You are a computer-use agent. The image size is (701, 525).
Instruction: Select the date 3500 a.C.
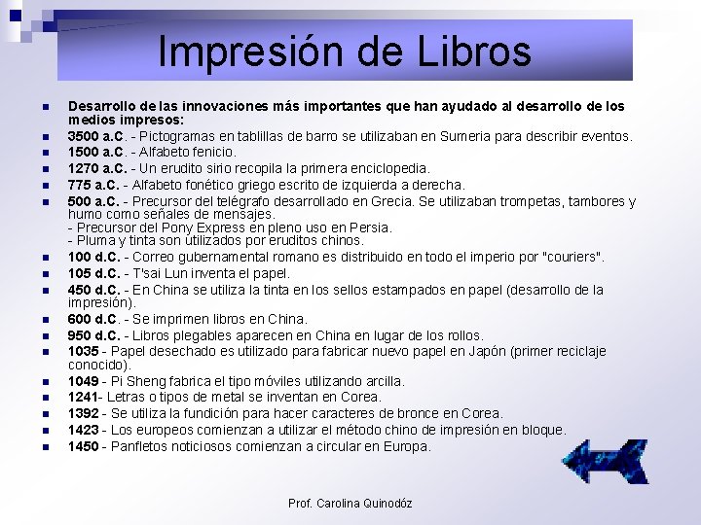pos(94,136)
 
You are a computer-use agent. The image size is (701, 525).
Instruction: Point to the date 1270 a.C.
pos(94,168)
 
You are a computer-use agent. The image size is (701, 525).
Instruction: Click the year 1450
pos(84,446)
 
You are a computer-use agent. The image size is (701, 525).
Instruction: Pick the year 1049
pos(84,381)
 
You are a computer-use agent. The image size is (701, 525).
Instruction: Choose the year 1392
pos(84,413)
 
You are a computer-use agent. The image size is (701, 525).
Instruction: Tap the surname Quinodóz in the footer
pos(387,503)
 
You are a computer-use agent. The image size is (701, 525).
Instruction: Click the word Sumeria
pos(472,136)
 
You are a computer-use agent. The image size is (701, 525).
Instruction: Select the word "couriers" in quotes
pos(572,257)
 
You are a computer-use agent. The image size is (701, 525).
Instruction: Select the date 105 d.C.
pos(93,273)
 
